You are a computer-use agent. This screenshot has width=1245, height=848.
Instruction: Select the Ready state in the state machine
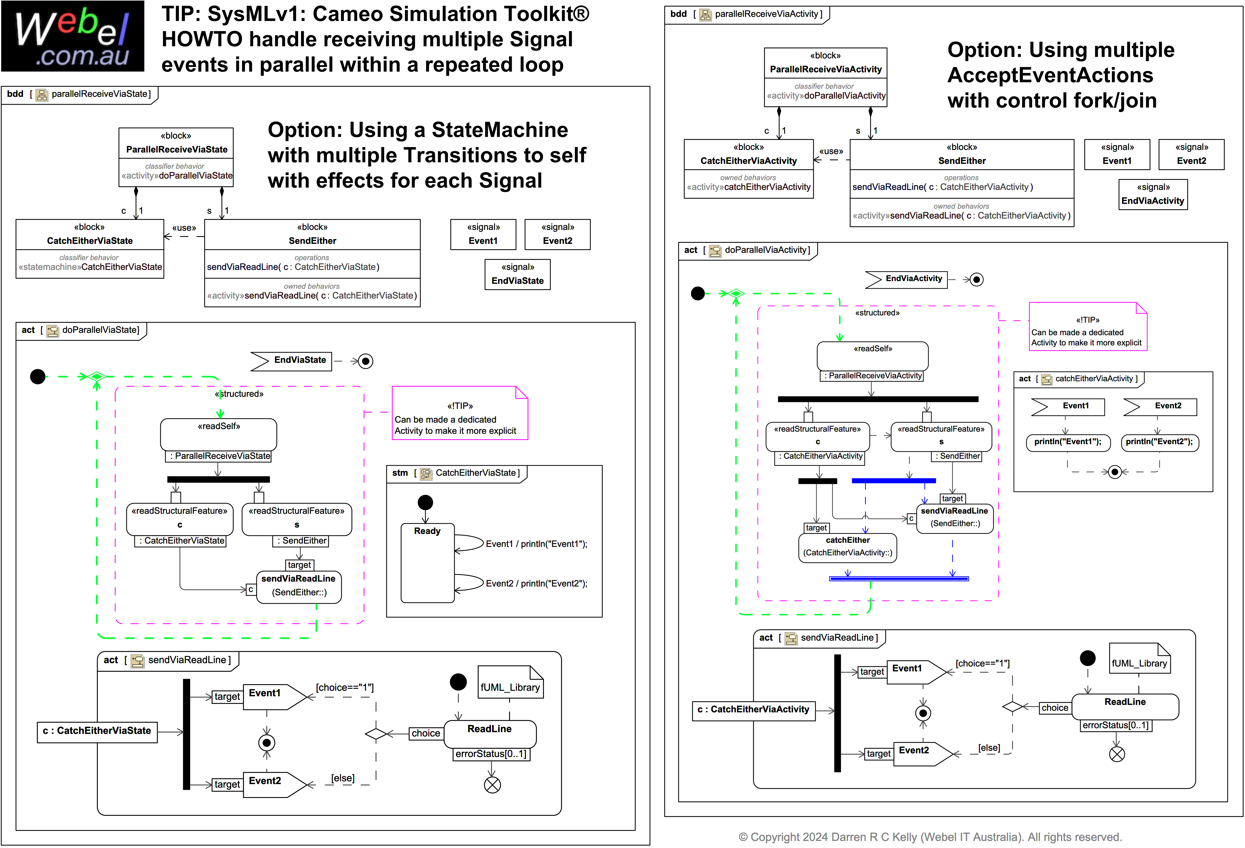(x=427, y=562)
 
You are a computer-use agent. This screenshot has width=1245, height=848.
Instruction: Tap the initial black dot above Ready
(x=425, y=502)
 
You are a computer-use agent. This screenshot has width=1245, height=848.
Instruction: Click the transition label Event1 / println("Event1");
(x=536, y=544)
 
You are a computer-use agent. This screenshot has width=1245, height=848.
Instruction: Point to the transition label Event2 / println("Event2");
(x=536, y=583)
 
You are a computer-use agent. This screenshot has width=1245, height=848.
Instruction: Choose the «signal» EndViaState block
(x=517, y=274)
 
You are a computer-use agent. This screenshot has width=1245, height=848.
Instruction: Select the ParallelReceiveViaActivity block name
(x=826, y=69)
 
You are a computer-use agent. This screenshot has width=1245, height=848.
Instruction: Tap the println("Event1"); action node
(x=1068, y=442)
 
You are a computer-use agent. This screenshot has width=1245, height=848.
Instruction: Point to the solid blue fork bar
(x=894, y=480)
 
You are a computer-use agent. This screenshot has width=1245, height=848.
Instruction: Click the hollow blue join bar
(x=899, y=578)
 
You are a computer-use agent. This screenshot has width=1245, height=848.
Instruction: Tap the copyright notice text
(x=930, y=837)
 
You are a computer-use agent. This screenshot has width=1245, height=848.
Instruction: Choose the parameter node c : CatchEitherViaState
(x=97, y=731)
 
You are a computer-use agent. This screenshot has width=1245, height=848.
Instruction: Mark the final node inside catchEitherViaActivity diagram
(x=1115, y=472)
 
